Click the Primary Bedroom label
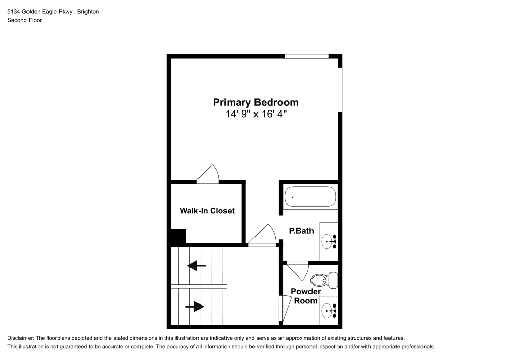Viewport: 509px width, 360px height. pos(256,102)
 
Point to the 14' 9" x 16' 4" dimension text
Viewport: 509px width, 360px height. pos(256,115)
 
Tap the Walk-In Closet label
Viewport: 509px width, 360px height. pos(207,210)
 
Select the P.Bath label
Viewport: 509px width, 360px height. pos(301,231)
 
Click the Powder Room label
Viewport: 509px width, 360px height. pos(305,296)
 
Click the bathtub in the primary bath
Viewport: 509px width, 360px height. pos(310,197)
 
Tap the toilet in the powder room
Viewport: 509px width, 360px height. pos(324,280)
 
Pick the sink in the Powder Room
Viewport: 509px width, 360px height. pos(330,308)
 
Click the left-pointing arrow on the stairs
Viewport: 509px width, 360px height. pos(196,265)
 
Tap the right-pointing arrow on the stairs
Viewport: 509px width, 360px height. pos(195,306)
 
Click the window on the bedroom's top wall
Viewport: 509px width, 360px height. pos(306,56)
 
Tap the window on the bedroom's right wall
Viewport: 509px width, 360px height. pos(340,89)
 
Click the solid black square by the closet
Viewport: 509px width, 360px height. pos(178,237)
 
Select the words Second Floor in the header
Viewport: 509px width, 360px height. pos(24,20)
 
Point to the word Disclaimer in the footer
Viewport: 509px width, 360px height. pos(20,338)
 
